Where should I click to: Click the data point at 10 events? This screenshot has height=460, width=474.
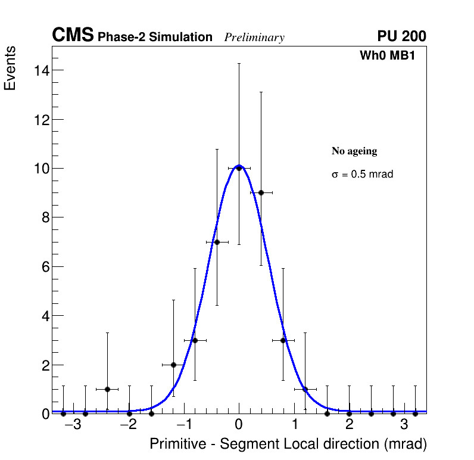click(x=239, y=168)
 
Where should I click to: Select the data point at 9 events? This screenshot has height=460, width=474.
click(x=261, y=192)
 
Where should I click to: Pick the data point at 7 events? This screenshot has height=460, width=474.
click(x=217, y=242)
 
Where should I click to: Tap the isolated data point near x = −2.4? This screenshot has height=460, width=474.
click(x=107, y=389)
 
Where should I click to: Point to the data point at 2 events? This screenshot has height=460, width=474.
click(x=173, y=365)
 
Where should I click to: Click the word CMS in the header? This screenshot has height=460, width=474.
click(x=73, y=36)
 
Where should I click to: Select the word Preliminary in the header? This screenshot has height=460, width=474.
click(x=254, y=38)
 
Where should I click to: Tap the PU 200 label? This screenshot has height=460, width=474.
click(x=401, y=36)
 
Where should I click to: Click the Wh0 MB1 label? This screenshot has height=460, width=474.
click(x=387, y=56)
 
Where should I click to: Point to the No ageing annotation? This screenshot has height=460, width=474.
click(x=354, y=151)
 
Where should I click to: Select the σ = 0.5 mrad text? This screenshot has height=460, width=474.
click(x=362, y=175)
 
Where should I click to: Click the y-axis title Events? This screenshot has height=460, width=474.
click(x=10, y=68)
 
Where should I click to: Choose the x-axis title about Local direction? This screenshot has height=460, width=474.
click(x=288, y=445)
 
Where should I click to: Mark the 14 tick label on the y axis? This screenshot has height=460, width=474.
click(x=40, y=70)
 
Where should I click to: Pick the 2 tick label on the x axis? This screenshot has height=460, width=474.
click(x=349, y=425)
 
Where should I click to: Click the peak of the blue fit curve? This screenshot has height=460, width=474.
click(x=239, y=165)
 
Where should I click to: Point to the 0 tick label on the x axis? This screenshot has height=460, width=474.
click(x=239, y=425)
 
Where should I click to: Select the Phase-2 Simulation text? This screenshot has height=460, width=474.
click(x=155, y=38)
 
